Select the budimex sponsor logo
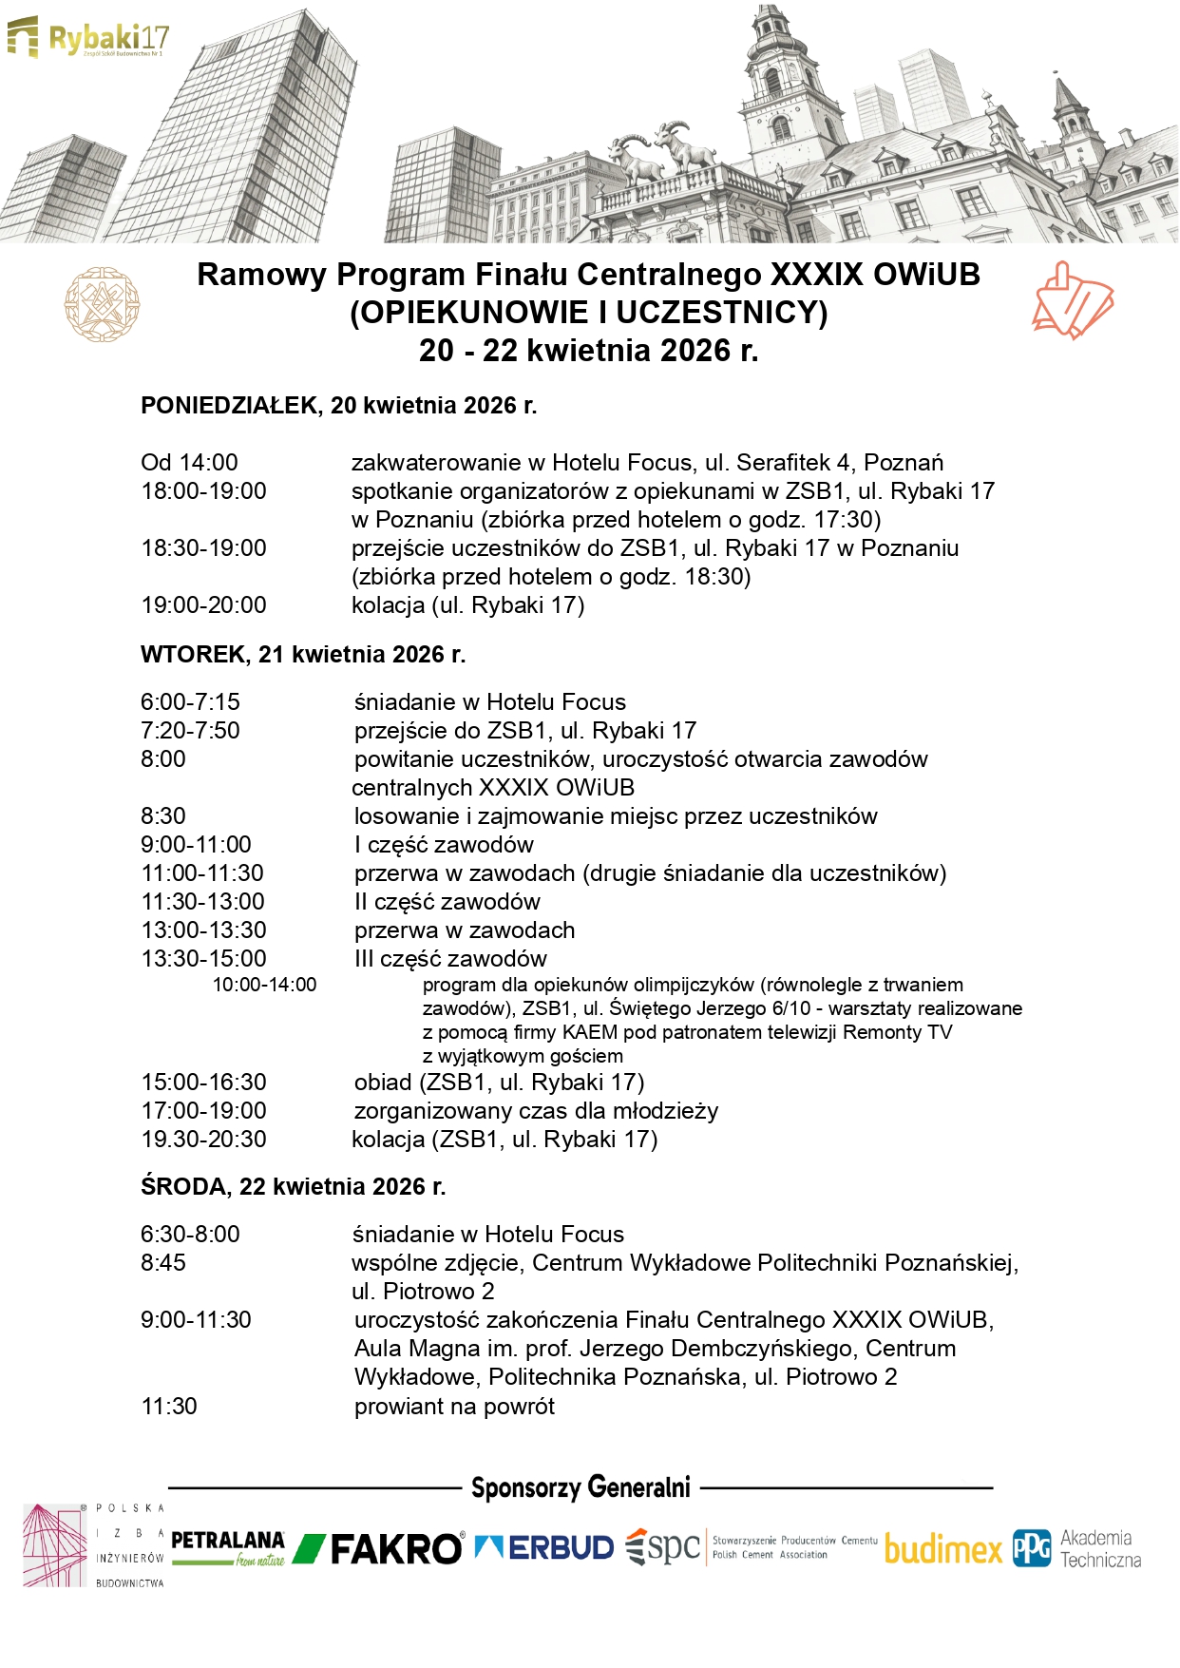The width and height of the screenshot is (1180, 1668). [942, 1549]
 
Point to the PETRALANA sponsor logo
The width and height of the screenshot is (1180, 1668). [228, 1547]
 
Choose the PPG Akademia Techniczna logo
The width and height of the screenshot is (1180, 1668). [1076, 1548]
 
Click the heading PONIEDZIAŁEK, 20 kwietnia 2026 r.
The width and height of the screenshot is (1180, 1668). [338, 406]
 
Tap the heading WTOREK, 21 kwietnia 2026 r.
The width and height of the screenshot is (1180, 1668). [303, 655]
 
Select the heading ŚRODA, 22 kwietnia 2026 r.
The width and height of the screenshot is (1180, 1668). [293, 1187]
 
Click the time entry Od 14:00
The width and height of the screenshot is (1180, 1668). [189, 463]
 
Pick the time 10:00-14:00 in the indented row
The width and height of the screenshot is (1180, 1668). [264, 986]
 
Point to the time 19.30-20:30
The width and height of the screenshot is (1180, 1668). [203, 1140]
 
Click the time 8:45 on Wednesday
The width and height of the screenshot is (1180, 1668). [163, 1263]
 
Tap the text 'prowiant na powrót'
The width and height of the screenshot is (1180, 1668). [454, 1407]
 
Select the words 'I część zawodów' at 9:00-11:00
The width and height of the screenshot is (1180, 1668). [444, 845]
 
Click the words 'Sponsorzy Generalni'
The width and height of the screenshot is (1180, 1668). [580, 1487]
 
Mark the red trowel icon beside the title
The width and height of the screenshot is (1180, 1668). [1073, 302]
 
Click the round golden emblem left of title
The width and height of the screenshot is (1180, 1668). [102, 304]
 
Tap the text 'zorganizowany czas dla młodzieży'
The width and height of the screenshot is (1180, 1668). [536, 1111]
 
